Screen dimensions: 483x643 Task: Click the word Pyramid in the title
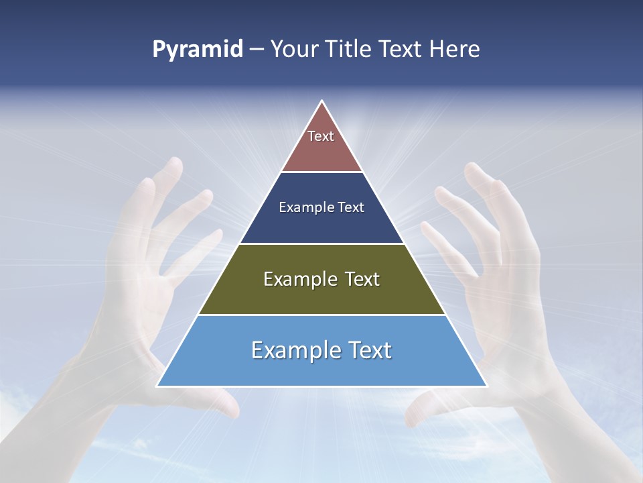pyautogui.click(x=198, y=50)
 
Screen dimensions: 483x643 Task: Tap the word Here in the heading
pyautogui.click(x=454, y=50)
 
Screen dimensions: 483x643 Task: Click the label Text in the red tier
pyautogui.click(x=321, y=136)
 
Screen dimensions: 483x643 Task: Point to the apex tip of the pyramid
pyautogui.click(x=322, y=101)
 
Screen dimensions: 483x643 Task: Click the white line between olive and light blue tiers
pyautogui.click(x=321, y=315)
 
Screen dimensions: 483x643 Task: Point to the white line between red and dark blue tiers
pyautogui.click(x=321, y=172)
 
